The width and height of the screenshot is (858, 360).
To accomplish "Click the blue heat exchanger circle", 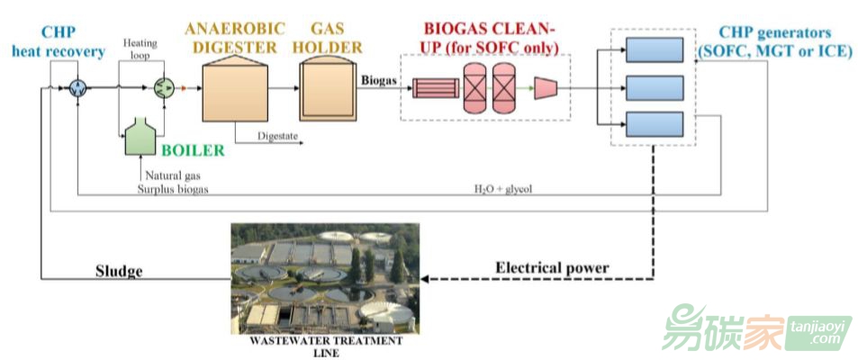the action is [78, 87].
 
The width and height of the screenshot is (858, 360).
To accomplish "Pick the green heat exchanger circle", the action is [162, 87].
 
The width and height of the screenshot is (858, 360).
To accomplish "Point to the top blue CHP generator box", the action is [655, 49].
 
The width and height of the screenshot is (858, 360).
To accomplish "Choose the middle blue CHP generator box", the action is [655, 87].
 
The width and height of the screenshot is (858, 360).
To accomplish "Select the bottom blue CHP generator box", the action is [655, 124].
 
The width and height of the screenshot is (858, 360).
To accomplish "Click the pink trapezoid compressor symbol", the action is [546, 87].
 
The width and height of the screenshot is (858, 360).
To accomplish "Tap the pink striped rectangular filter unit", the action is [436, 87].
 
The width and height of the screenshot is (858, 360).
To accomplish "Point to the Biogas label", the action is [379, 79].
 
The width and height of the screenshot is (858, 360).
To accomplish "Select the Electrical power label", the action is [552, 268].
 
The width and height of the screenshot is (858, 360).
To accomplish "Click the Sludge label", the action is [119, 271].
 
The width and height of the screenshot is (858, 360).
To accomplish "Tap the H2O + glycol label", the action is [503, 189].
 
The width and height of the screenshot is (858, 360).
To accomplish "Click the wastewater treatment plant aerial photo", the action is [325, 278].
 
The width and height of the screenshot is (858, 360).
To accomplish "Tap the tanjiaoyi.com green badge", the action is [818, 333].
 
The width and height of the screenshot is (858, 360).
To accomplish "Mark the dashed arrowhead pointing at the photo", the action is [425, 278].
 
